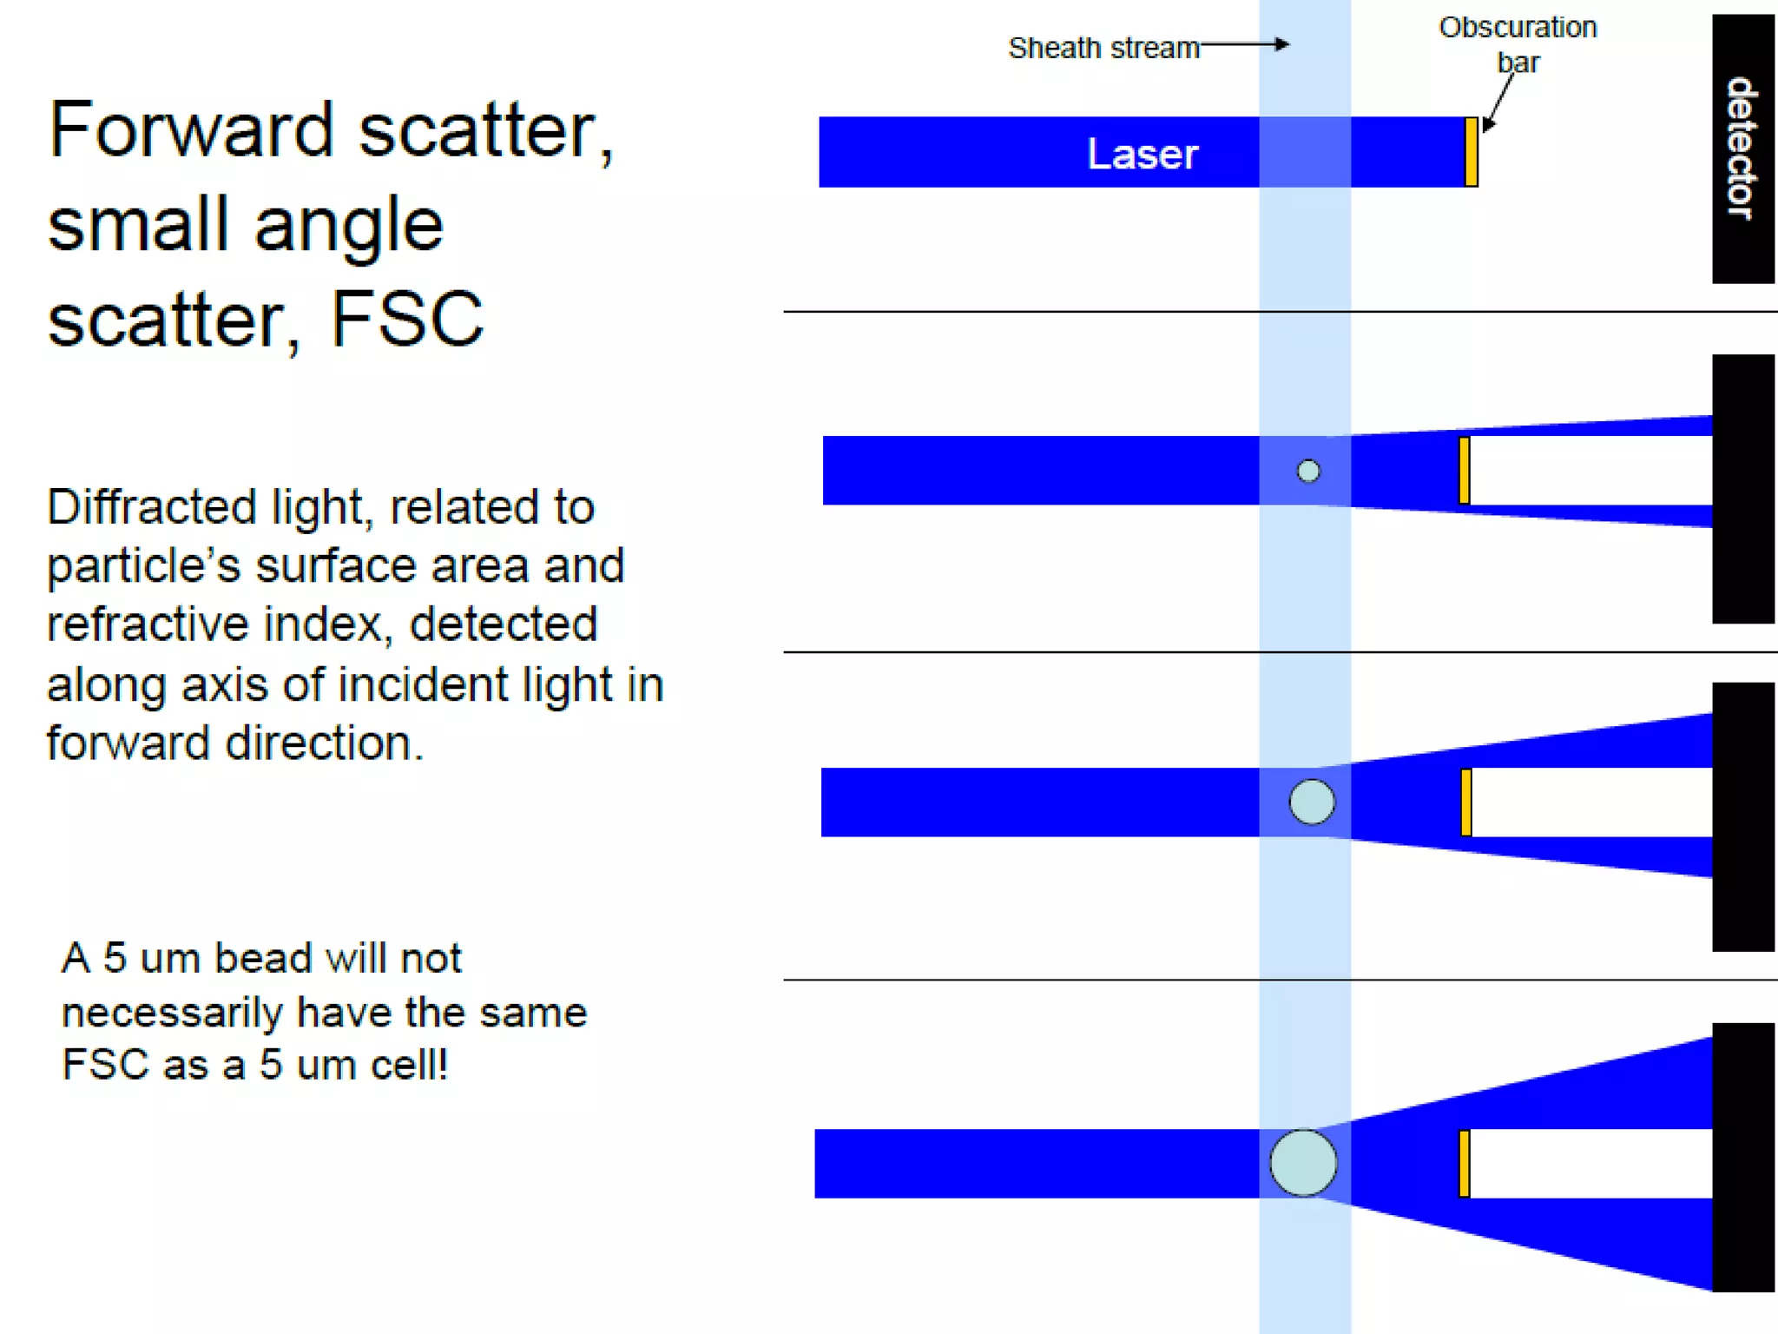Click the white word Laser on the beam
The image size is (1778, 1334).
(x=1143, y=155)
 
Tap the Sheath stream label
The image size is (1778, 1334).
(x=1103, y=48)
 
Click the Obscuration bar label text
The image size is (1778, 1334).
(x=1518, y=44)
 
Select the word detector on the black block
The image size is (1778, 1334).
(x=1741, y=149)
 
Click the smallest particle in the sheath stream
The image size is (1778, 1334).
(x=1308, y=471)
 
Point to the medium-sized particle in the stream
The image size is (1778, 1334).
(x=1312, y=802)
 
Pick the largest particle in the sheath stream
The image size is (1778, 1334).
(x=1303, y=1163)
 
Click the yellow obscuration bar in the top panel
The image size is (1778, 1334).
(x=1471, y=152)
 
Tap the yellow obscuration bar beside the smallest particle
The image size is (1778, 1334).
(x=1465, y=471)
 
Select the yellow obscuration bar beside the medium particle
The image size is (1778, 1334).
(x=1466, y=802)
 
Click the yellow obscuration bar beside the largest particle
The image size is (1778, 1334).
(x=1465, y=1164)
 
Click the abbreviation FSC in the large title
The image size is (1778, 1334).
(x=406, y=320)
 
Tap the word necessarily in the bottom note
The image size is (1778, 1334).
(x=171, y=1013)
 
